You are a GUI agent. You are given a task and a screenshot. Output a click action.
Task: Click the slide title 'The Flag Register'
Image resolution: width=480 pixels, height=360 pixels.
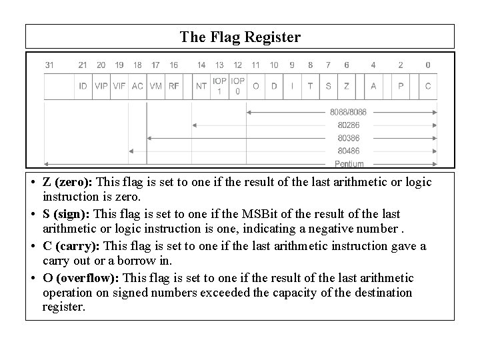click(x=240, y=37)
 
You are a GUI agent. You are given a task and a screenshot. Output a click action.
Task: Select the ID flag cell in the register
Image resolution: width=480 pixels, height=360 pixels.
click(x=82, y=86)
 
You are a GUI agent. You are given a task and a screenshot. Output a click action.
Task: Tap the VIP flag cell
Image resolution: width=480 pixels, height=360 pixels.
click(x=101, y=86)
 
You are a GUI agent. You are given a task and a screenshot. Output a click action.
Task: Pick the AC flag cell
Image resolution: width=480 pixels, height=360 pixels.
click(x=137, y=86)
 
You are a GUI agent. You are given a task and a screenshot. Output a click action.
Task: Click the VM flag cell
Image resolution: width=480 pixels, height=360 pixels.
click(x=155, y=86)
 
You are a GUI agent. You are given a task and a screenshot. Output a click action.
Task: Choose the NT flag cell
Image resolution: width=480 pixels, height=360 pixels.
click(x=201, y=86)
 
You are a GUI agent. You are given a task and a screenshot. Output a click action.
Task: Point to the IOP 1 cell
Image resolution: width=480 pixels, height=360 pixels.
click(x=219, y=86)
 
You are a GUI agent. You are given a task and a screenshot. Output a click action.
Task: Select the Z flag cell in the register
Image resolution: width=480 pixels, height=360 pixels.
click(x=347, y=86)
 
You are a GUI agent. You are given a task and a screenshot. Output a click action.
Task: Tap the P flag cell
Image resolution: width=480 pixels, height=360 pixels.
click(x=401, y=86)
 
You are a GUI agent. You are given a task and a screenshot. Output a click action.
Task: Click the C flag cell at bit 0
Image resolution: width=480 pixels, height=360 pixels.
click(x=427, y=86)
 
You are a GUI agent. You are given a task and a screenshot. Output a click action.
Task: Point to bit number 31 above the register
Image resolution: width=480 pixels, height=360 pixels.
click(x=49, y=65)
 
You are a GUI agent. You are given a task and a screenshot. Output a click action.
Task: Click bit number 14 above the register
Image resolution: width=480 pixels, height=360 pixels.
click(x=201, y=65)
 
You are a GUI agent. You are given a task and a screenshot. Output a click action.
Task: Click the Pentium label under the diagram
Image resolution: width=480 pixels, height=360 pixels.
click(x=349, y=163)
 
